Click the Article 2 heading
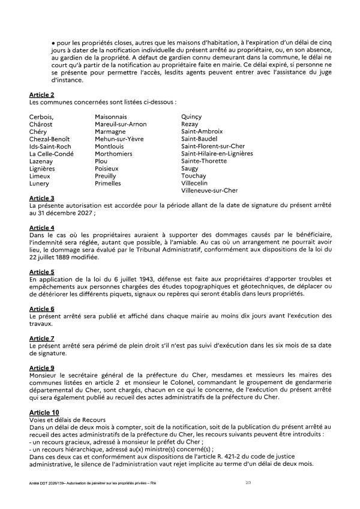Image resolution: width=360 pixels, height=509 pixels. tap(41, 95)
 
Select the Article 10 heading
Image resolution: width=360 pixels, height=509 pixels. tap(43, 412)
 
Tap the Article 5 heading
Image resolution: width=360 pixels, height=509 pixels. tap(41, 272)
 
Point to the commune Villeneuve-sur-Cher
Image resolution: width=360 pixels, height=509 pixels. tap(209, 191)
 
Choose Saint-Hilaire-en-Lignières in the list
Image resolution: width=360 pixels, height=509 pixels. tap(217, 154)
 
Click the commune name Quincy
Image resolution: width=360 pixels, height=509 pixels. tap(193, 116)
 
